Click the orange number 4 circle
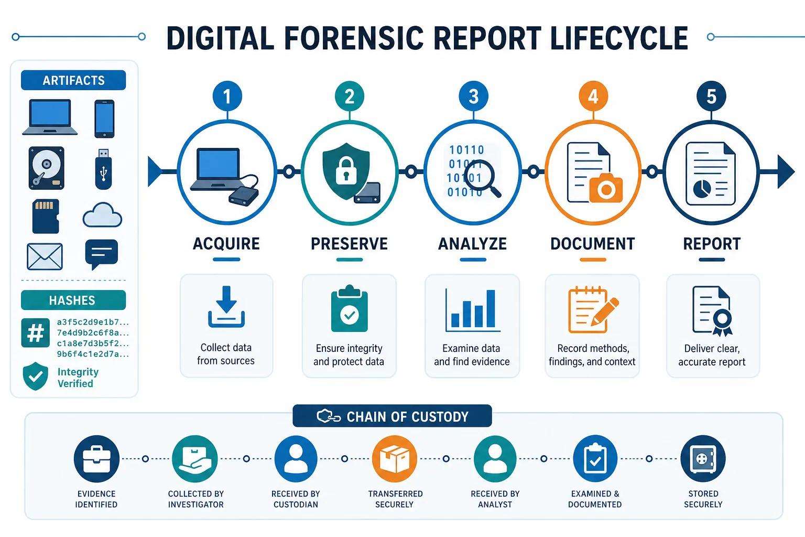(x=593, y=96)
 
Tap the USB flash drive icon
(x=103, y=169)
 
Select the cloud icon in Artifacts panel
(x=102, y=214)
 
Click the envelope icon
(x=45, y=256)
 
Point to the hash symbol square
(x=36, y=332)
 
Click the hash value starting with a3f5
(x=93, y=322)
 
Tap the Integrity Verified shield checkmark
(x=35, y=376)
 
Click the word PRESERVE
(x=350, y=244)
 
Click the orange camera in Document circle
(x=606, y=188)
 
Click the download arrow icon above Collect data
(x=226, y=307)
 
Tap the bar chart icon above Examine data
(x=473, y=310)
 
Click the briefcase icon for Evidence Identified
(x=96, y=458)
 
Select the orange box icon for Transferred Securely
(x=395, y=458)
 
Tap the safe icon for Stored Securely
(x=703, y=458)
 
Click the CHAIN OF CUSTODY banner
(x=393, y=416)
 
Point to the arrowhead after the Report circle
(x=786, y=171)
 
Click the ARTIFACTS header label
(x=74, y=80)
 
